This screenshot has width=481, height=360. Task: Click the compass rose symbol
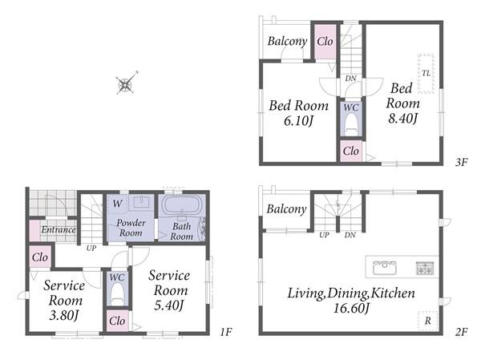pyautogui.click(x=126, y=83)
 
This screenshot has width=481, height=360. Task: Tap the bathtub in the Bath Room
pyautogui.click(x=181, y=205)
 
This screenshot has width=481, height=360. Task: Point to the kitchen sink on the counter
pyautogui.click(x=384, y=268)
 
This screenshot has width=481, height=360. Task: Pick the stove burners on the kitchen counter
pyautogui.click(x=425, y=268)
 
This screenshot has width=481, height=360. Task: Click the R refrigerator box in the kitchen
pyautogui.click(x=427, y=321)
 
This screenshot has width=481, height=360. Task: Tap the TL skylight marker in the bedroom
pyautogui.click(x=426, y=74)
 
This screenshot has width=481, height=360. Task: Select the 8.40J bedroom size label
pyautogui.click(x=402, y=118)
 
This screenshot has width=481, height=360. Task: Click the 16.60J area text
pyautogui.click(x=351, y=308)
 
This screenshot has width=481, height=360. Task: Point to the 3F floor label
pyautogui.click(x=461, y=162)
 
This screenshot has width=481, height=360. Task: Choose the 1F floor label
pyautogui.click(x=226, y=332)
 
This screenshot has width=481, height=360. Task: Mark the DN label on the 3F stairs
pyautogui.click(x=350, y=79)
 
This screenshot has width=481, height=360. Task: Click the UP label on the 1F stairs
pyautogui.click(x=91, y=248)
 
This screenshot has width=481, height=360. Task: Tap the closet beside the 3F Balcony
pyautogui.click(x=325, y=42)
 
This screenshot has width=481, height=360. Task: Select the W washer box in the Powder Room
pyautogui.click(x=117, y=204)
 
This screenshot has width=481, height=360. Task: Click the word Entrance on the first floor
pyautogui.click(x=59, y=229)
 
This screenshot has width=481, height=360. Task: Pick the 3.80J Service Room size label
pyautogui.click(x=64, y=315)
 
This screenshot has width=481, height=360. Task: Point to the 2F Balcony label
pyautogui.click(x=286, y=209)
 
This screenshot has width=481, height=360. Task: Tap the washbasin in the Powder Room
pyautogui.click(x=141, y=203)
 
